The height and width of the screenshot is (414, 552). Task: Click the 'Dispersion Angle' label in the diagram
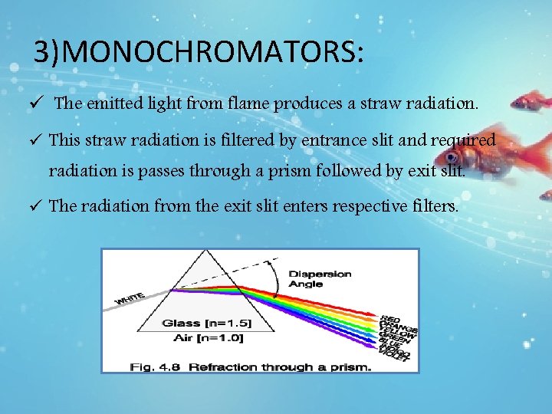[x=320, y=278]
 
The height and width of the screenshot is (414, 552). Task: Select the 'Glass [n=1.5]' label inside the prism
[x=206, y=323]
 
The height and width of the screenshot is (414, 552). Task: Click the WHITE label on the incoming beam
[x=130, y=297]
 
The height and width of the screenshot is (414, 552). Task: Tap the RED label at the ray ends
[x=389, y=317]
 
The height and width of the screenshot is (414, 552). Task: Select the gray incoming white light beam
[x=146, y=296]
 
